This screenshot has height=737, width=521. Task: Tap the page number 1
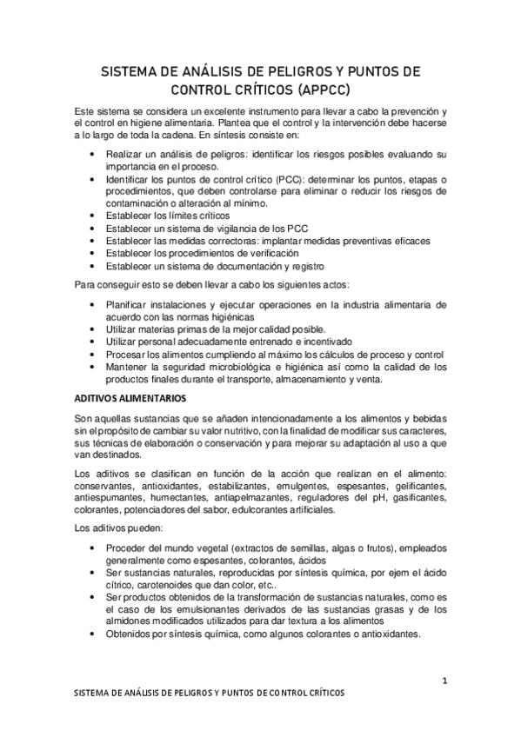pyautogui.click(x=444, y=681)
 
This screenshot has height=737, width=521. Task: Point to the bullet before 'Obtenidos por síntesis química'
pyautogui.click(x=94, y=634)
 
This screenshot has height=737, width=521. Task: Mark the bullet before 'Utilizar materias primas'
pyautogui.click(x=94, y=330)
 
